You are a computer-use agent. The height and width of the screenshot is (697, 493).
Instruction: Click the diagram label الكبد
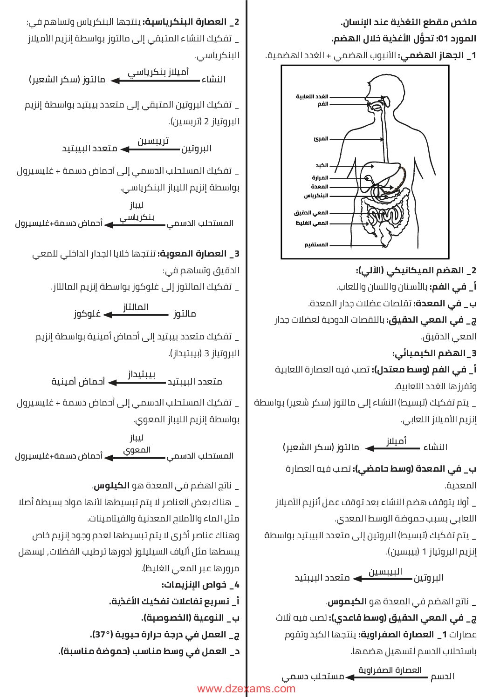coord(322,165)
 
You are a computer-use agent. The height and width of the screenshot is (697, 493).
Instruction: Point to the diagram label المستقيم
coord(316,244)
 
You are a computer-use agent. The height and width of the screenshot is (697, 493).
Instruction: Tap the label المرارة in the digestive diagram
coord(320,177)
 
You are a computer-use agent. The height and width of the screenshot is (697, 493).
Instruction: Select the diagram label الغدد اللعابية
coord(312,96)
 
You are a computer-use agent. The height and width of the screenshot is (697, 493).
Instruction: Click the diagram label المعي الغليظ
coord(312,223)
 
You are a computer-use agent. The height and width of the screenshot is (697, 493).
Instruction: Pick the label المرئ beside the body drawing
coord(321,138)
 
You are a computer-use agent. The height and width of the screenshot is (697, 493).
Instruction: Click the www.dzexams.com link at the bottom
coord(246,689)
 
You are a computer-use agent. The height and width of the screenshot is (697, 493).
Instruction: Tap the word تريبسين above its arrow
coord(153,141)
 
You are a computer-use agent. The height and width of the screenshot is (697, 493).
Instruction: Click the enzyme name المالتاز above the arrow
coord(136,307)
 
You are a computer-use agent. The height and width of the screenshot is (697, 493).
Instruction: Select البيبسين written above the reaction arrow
coord(385,571)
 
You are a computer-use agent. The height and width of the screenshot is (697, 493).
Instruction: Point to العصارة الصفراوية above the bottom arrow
coord(390,670)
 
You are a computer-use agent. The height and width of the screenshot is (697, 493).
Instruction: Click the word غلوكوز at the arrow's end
coord(87,314)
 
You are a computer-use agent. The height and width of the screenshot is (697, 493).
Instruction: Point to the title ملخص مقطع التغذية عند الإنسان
coord(408,22)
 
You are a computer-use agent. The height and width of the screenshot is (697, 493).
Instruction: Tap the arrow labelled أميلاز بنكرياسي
coord(156,81)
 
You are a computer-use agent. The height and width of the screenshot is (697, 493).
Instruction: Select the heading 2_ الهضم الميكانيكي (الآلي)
coord(416,271)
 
